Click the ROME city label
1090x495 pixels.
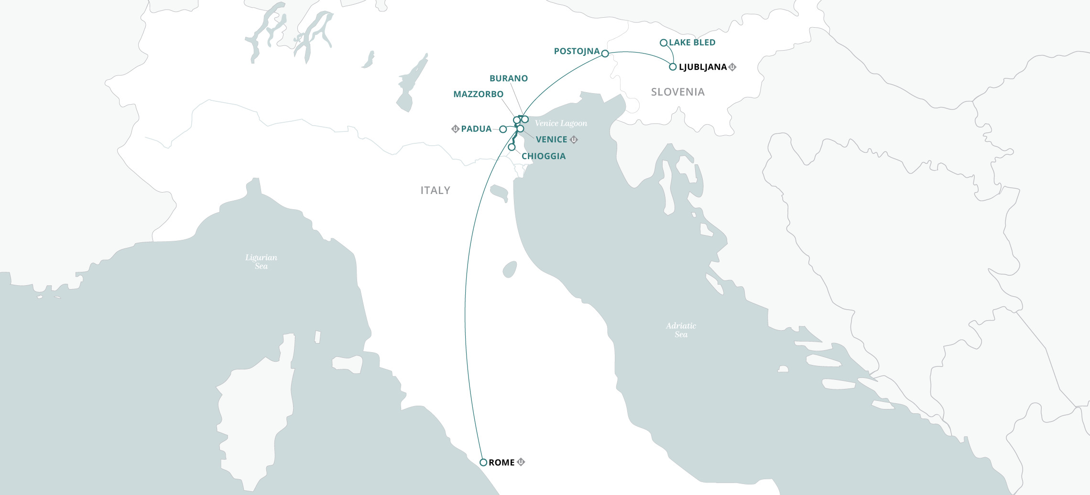501,463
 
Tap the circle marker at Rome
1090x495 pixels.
483,463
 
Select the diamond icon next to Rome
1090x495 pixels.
521,462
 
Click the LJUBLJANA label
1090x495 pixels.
702,67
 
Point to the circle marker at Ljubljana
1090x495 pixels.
673,67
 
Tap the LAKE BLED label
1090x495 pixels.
692,43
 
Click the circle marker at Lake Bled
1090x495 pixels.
664,43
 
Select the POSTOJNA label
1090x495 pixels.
577,51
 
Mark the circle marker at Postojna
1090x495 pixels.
605,54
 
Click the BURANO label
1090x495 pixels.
509,78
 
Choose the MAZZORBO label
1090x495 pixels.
478,94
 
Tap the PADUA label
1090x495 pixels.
476,129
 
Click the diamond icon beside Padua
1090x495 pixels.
455,129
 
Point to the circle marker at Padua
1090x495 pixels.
503,129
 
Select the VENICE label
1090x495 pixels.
551,140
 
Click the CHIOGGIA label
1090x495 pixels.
544,156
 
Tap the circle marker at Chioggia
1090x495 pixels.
512,147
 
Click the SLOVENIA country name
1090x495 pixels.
677,92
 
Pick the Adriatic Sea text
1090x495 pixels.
681,330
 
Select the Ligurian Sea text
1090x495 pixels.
261,261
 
